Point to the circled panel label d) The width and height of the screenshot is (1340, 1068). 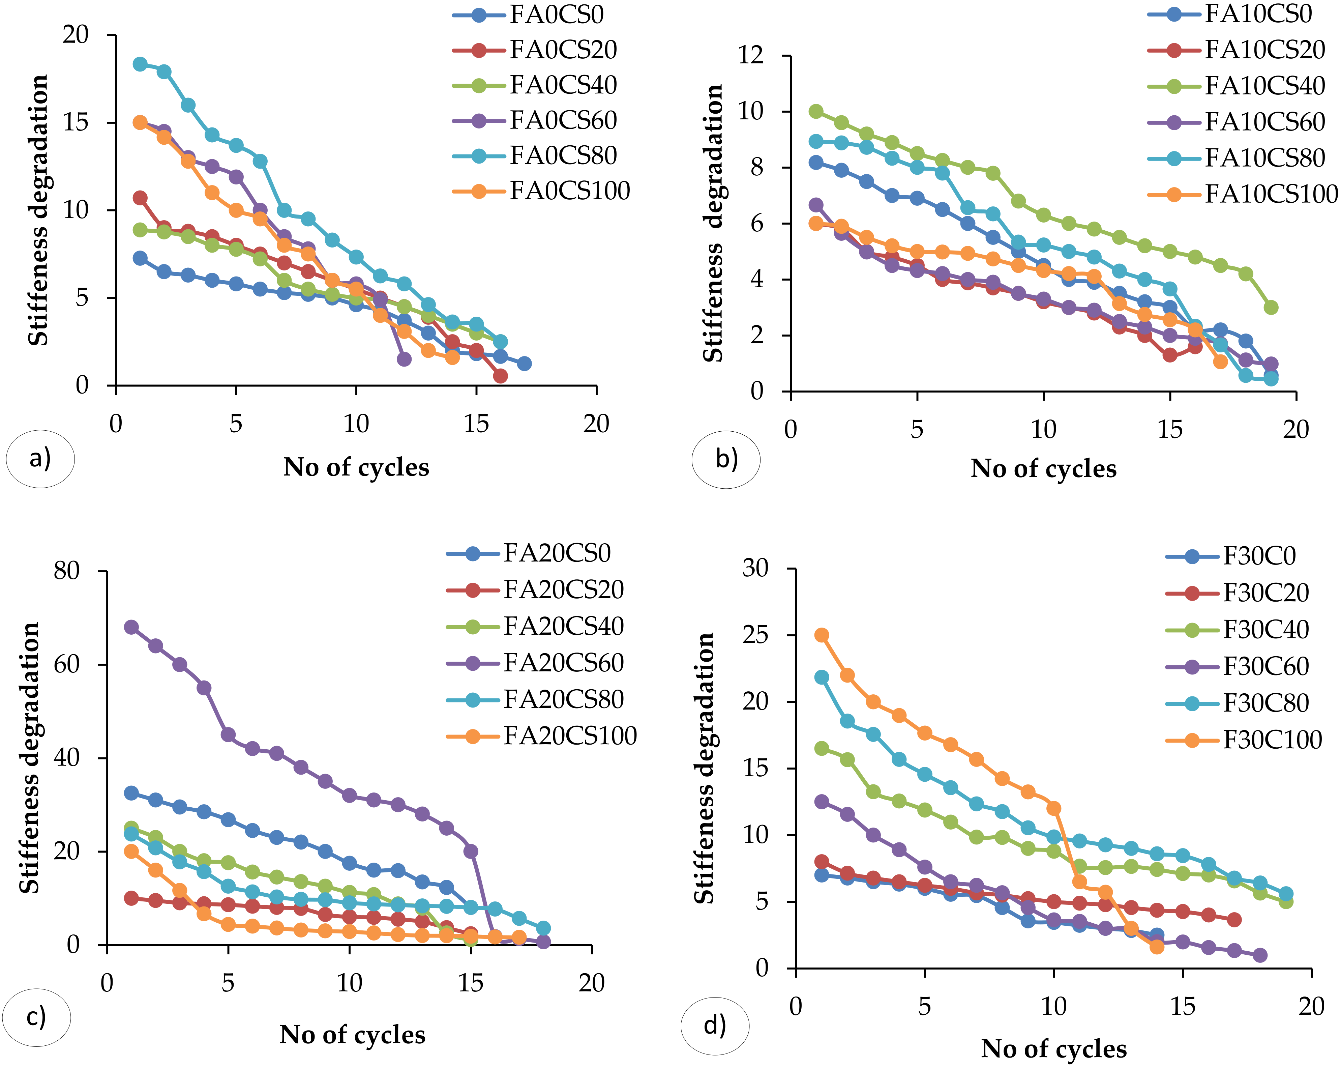click(x=715, y=1026)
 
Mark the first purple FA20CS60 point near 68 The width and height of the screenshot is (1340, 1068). click(x=131, y=627)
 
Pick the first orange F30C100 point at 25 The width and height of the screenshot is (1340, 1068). click(x=822, y=635)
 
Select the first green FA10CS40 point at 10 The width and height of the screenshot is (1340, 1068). click(x=816, y=111)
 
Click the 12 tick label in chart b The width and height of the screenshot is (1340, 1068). click(x=751, y=55)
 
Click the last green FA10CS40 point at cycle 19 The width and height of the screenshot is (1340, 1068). click(x=1271, y=307)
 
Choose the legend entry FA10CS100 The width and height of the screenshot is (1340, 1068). click(x=1271, y=194)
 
